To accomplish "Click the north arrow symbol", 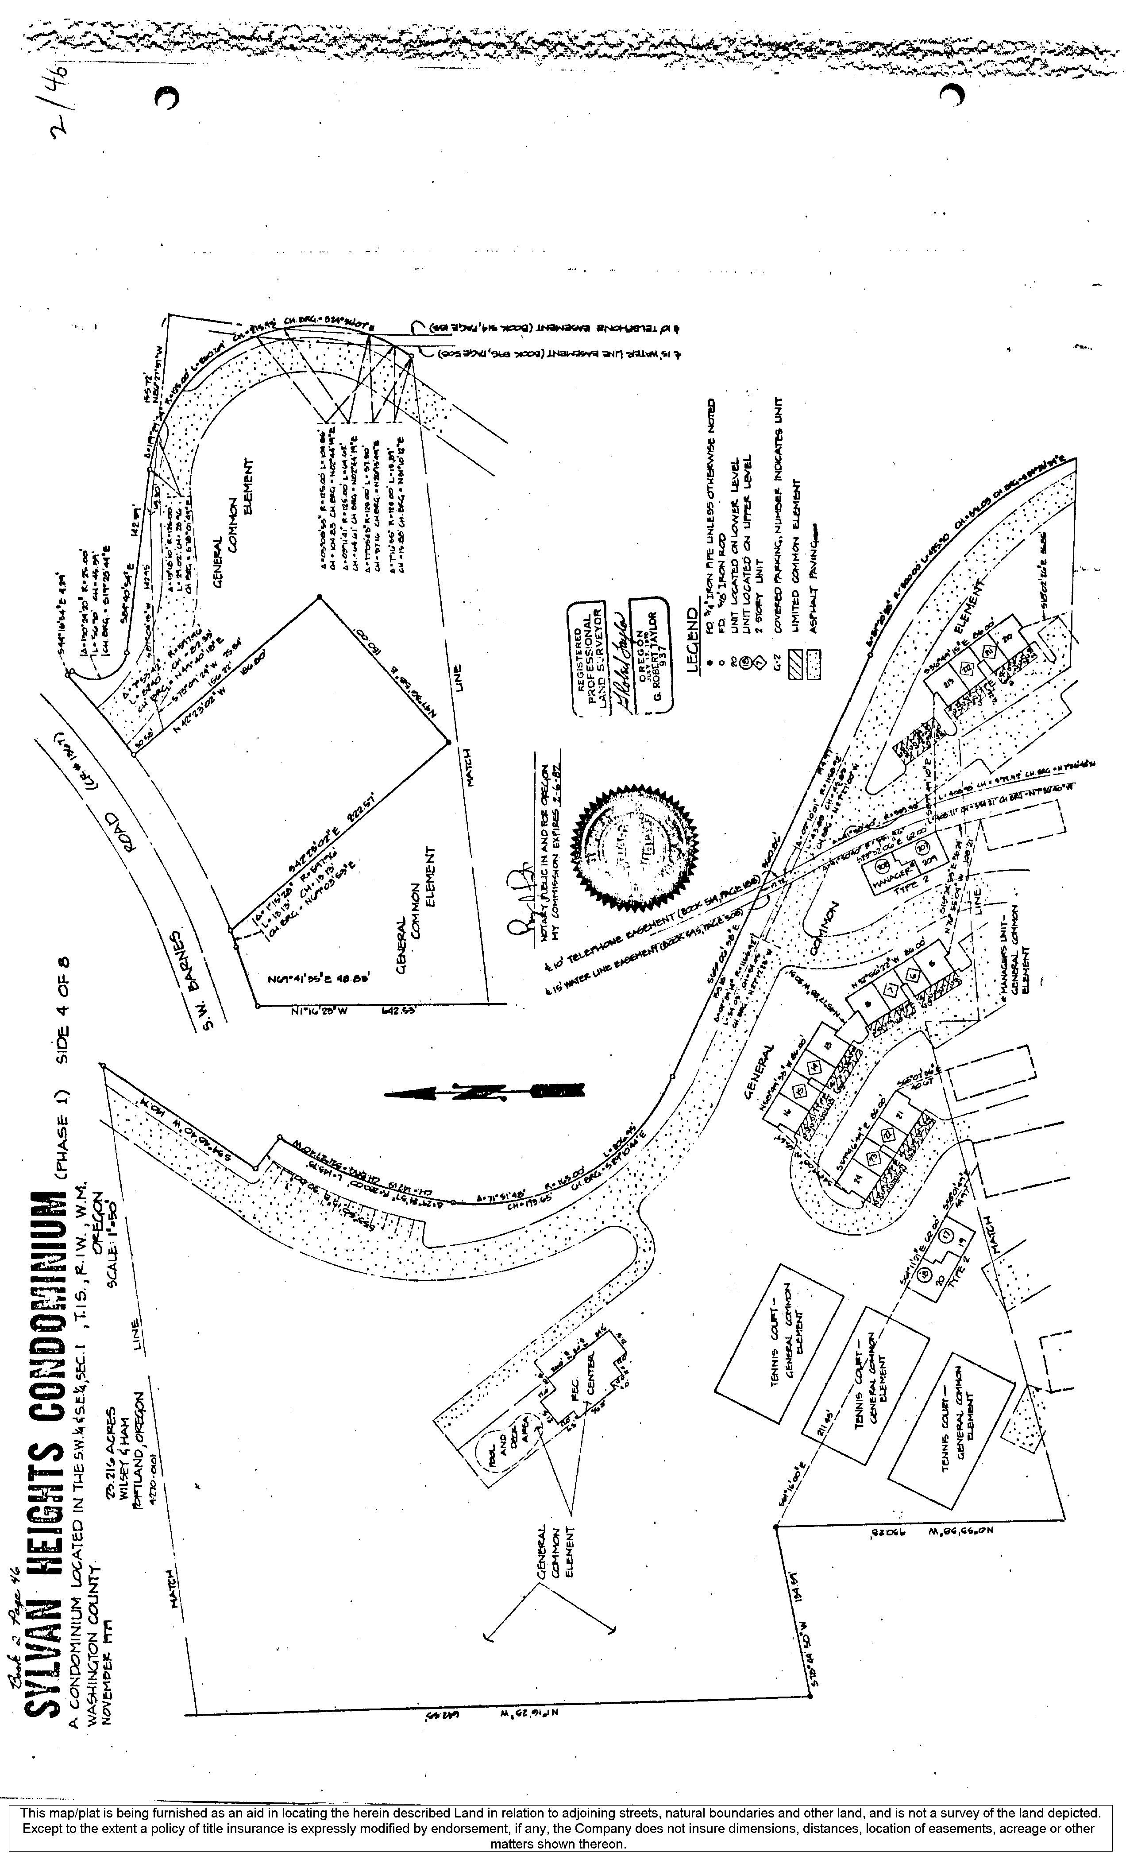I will [483, 1092].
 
